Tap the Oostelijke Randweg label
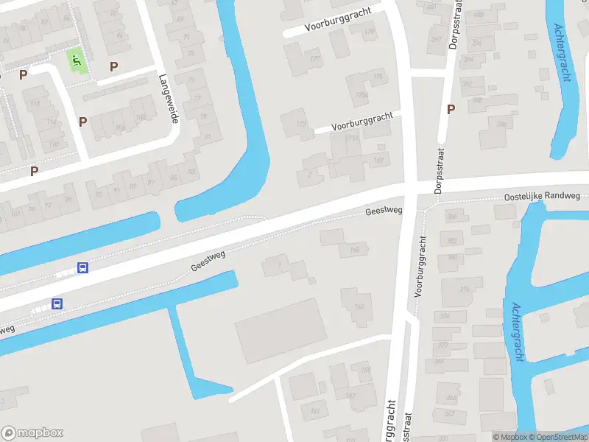tap(542, 197)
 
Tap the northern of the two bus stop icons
tap(83, 268)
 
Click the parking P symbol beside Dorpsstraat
tap(451, 110)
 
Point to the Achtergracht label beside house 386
tap(562, 52)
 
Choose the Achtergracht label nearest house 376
tap(518, 331)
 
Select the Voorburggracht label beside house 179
tap(337, 21)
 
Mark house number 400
tap(479, 14)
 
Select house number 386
tap(502, 124)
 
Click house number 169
tap(366, 368)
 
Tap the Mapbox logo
tap(32, 433)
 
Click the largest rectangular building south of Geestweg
tap(281, 331)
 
